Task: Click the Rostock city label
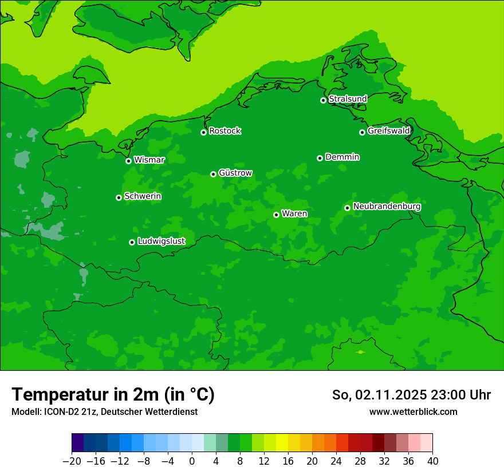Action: tap(225, 131)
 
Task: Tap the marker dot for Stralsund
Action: tap(323, 100)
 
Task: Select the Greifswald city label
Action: tap(388, 131)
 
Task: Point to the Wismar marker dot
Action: tap(128, 161)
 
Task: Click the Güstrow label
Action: tap(235, 173)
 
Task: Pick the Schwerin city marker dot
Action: tap(119, 197)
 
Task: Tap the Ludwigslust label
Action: tap(161, 242)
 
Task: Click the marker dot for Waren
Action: tap(276, 215)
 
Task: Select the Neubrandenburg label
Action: tap(387, 207)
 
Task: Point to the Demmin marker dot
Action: tap(320, 158)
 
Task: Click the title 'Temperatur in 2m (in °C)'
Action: tap(113, 395)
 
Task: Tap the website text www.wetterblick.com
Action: tap(413, 411)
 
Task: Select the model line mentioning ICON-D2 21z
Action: tap(104, 411)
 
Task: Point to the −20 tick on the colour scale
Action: tap(72, 461)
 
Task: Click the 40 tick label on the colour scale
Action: tap(432, 461)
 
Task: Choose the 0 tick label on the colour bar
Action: tap(192, 461)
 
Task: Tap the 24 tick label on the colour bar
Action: tap(336, 461)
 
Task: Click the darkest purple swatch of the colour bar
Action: tap(78, 443)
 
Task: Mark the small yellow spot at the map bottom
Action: tap(360, 352)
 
